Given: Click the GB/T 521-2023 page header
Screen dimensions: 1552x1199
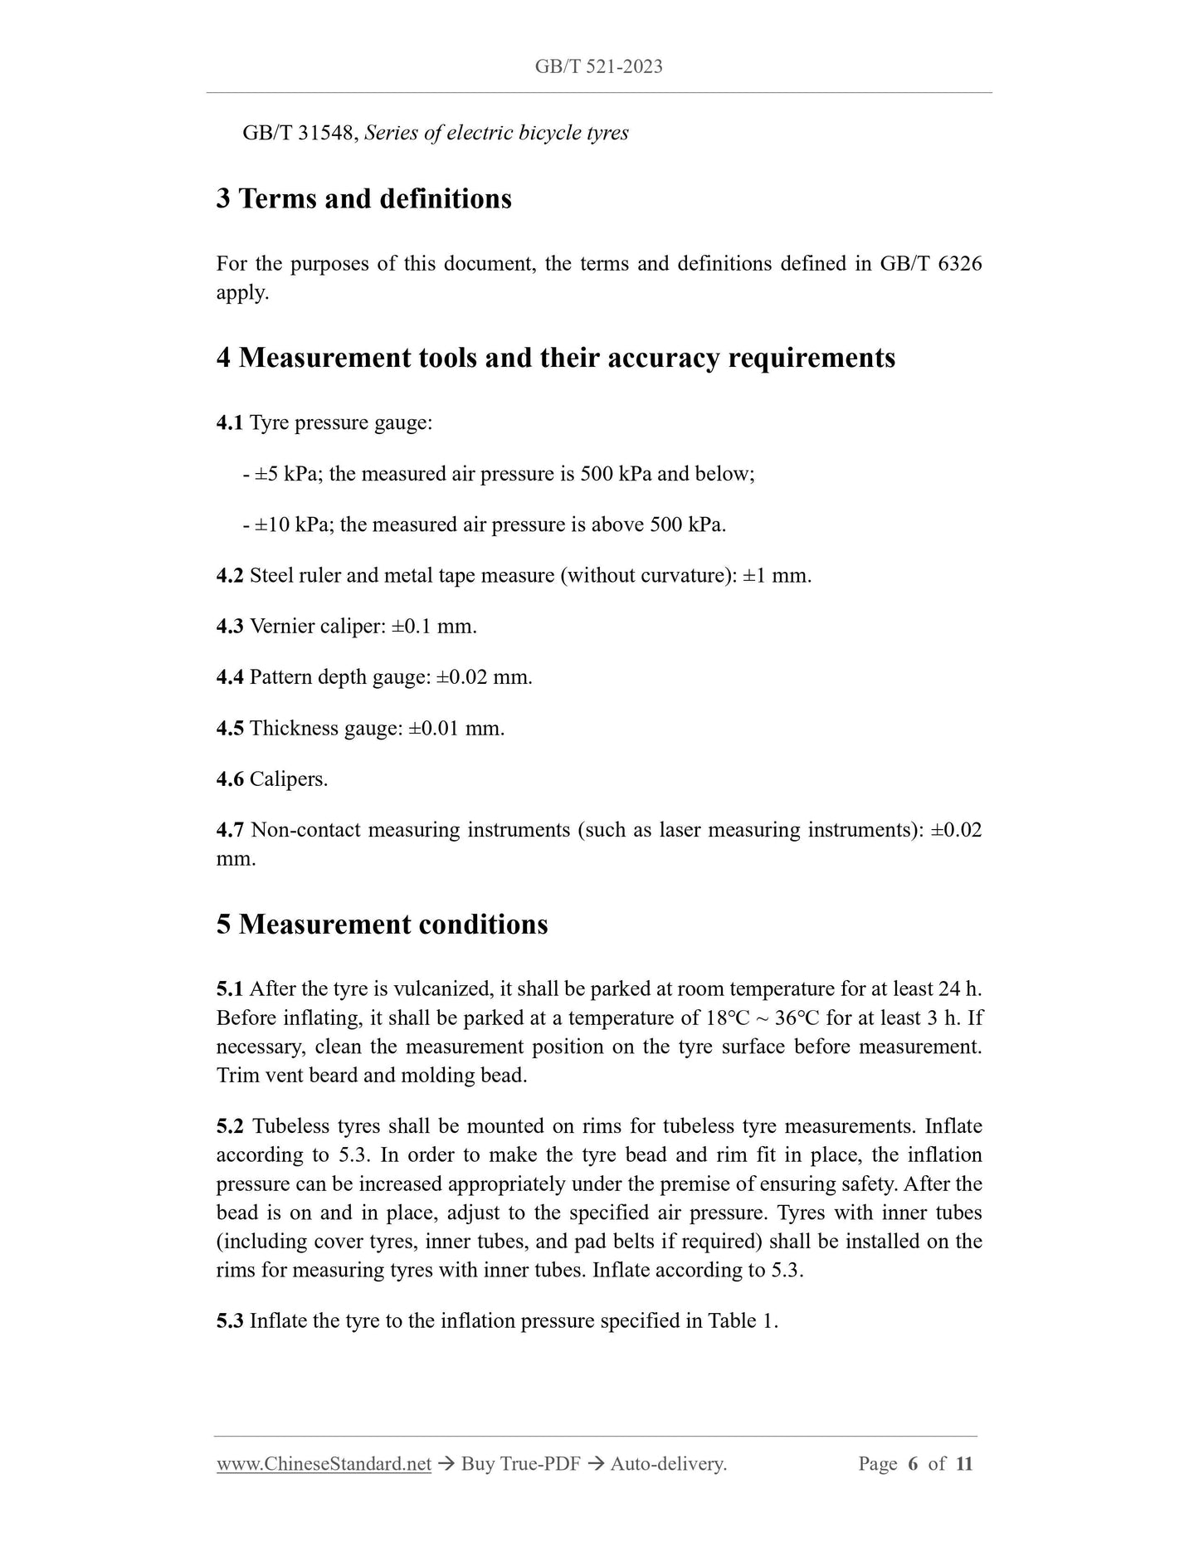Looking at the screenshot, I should (598, 67).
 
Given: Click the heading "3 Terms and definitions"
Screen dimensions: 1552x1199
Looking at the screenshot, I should (363, 199).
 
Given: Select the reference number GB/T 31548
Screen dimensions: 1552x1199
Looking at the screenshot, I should (300, 133).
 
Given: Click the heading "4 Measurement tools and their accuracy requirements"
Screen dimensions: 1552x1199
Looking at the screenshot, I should (555, 358).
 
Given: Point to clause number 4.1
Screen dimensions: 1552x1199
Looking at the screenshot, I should (230, 423).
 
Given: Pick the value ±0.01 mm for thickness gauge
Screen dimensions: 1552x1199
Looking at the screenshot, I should (456, 729).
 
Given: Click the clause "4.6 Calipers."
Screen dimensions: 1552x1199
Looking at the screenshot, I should (272, 779).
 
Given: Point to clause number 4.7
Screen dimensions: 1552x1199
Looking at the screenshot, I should (230, 830).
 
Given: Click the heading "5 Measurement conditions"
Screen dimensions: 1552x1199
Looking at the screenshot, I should (382, 925).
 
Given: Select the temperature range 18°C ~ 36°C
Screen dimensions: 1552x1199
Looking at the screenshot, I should (757, 1018).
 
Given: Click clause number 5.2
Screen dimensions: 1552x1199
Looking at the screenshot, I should (230, 1126).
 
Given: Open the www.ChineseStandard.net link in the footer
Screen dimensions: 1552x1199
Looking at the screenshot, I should (324, 1464).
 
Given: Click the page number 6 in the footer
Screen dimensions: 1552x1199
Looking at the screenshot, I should (913, 1464).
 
